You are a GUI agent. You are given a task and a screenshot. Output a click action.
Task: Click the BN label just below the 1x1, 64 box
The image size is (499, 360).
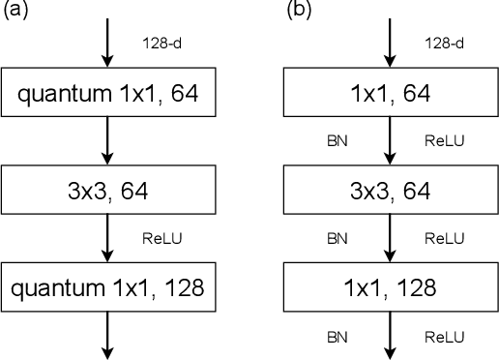click(x=338, y=140)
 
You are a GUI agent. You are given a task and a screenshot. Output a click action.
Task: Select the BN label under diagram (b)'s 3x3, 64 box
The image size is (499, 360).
click(x=338, y=236)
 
